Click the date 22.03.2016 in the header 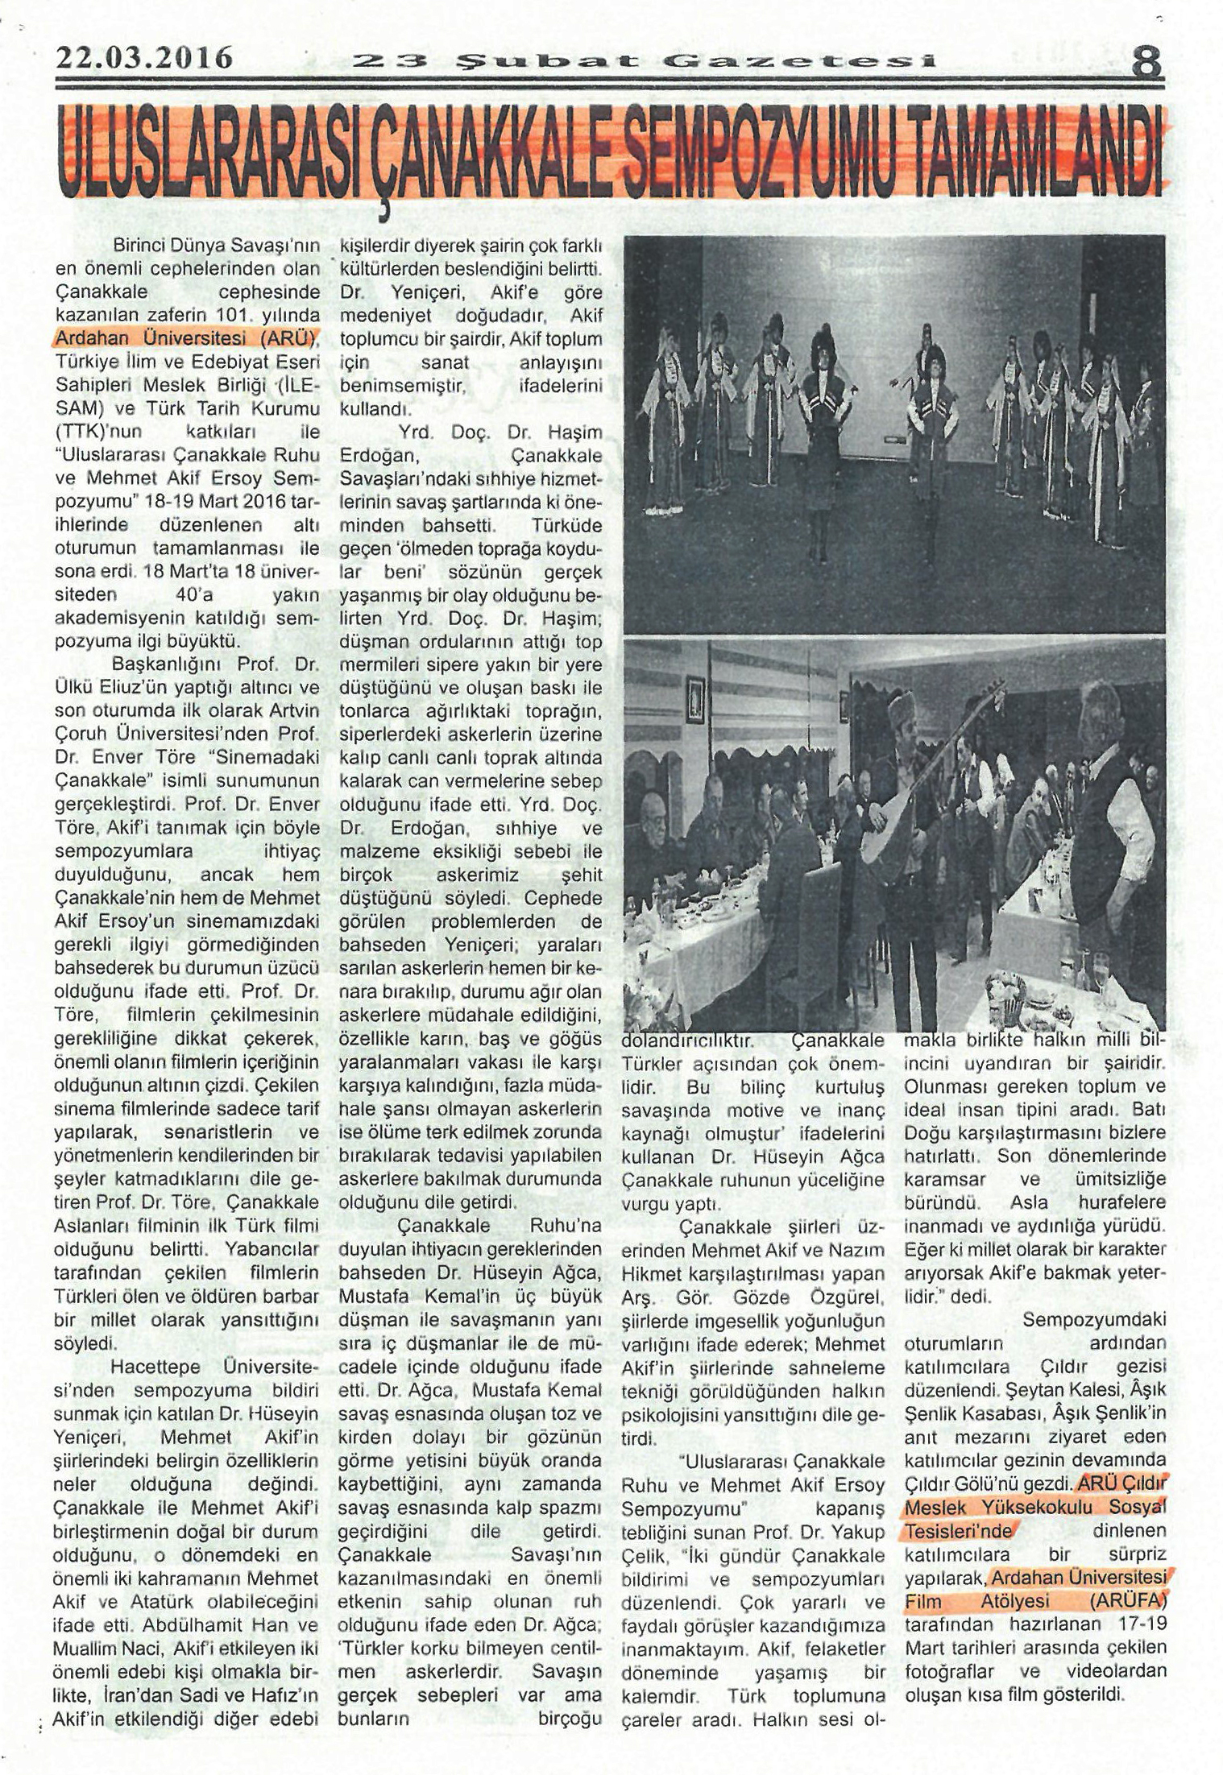pyautogui.click(x=144, y=57)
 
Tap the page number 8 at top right pyautogui.click(x=1146, y=60)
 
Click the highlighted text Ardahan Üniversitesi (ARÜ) pyautogui.click(x=187, y=337)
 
